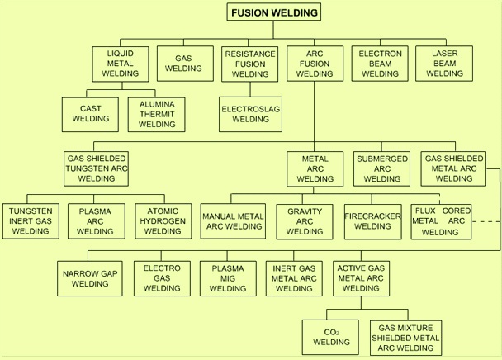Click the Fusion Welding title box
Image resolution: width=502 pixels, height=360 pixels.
click(x=274, y=12)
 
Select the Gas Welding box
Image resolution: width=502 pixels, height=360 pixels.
click(x=185, y=64)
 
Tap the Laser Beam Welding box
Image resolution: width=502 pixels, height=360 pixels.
click(x=444, y=64)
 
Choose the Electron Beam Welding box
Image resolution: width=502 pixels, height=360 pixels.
click(x=380, y=64)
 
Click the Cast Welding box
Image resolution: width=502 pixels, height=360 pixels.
click(x=90, y=114)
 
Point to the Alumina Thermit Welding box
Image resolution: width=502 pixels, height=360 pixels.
click(x=157, y=114)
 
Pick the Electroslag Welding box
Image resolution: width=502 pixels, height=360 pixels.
click(x=250, y=114)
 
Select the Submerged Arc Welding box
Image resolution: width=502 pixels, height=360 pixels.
click(x=381, y=168)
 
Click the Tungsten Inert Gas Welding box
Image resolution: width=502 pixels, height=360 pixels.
click(x=31, y=221)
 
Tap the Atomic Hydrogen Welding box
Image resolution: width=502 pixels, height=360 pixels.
click(x=163, y=221)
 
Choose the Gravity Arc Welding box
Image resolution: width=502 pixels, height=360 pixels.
click(x=305, y=221)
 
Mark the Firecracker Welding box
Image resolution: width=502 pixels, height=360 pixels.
click(x=373, y=221)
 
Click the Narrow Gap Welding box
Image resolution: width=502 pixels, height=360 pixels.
click(x=90, y=278)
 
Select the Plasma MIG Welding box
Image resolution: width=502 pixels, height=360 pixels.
click(x=228, y=278)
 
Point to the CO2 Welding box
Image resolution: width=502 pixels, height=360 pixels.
click(x=330, y=337)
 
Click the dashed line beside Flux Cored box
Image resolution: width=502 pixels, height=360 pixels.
click(x=485, y=221)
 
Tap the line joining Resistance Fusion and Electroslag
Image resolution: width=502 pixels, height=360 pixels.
click(x=250, y=89)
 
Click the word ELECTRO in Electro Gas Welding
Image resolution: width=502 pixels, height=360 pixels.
click(x=162, y=268)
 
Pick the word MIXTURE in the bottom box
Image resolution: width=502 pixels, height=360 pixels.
click(x=415, y=328)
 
